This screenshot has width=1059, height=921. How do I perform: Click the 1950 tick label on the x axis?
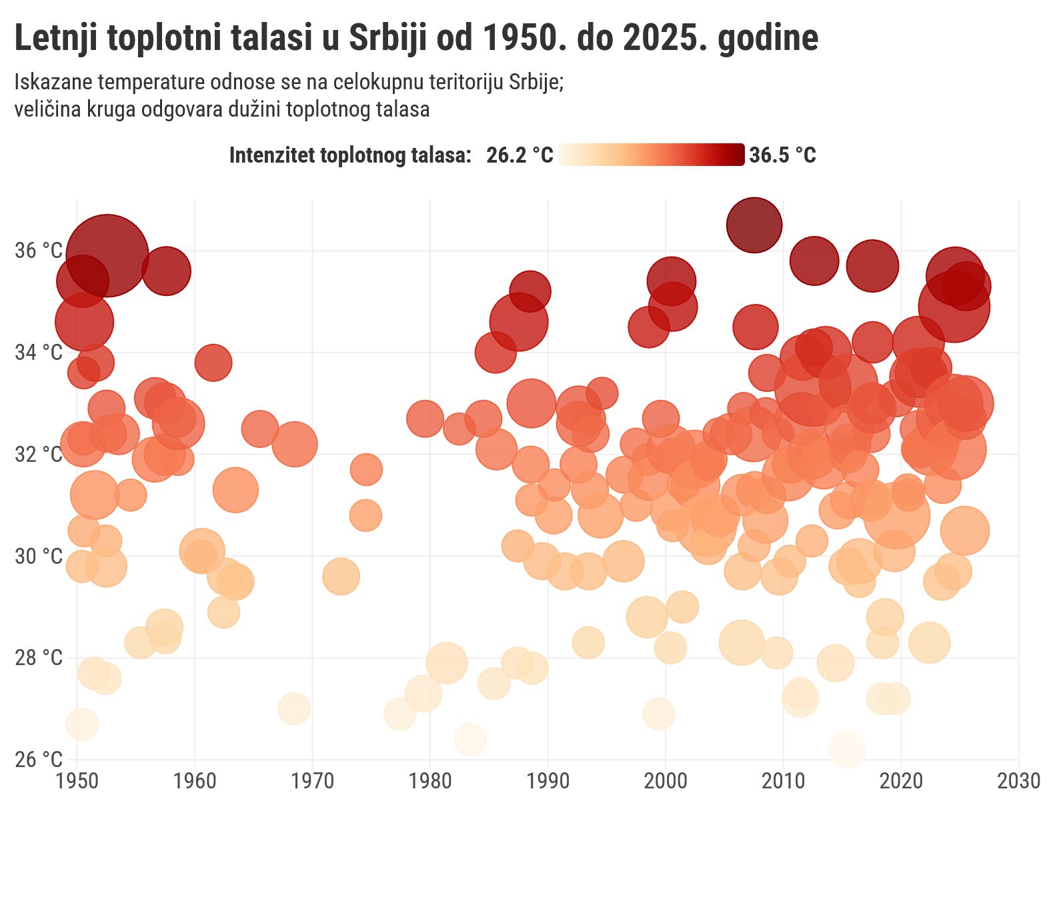click(77, 781)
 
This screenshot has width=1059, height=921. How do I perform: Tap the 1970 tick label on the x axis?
click(312, 781)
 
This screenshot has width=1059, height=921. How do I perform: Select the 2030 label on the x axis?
click(1018, 781)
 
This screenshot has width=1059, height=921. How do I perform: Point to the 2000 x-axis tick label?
click(666, 781)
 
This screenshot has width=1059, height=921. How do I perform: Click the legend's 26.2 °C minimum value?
click(519, 155)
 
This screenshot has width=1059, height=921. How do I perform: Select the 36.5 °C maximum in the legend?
click(782, 155)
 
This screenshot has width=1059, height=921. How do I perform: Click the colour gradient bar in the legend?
click(652, 155)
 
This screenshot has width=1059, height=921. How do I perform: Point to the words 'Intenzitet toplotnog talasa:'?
click(350, 155)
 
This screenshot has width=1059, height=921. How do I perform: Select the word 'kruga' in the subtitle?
click(119, 109)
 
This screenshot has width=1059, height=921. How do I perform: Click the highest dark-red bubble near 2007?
click(754, 225)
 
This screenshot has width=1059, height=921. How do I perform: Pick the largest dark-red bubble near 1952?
click(107, 255)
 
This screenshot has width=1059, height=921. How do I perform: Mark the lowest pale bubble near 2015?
click(847, 749)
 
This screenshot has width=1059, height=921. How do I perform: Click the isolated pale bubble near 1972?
click(341, 576)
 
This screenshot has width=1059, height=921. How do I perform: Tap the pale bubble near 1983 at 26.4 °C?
click(470, 740)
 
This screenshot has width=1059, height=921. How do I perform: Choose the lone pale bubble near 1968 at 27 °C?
click(294, 708)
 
